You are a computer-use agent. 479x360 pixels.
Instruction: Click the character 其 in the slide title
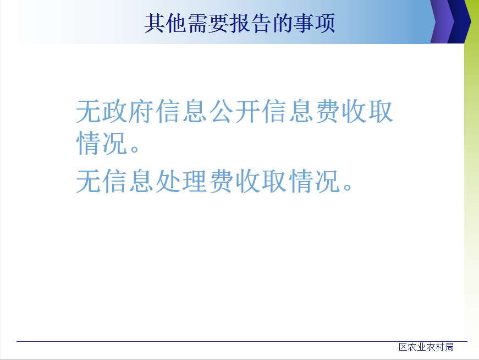[155, 23]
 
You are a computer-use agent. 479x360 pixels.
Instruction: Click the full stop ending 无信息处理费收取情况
[347, 186]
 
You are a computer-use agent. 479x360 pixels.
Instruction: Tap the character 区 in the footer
[403, 347]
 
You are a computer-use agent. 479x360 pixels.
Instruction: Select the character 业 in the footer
[422, 347]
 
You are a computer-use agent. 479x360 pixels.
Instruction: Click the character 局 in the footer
[449, 347]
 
